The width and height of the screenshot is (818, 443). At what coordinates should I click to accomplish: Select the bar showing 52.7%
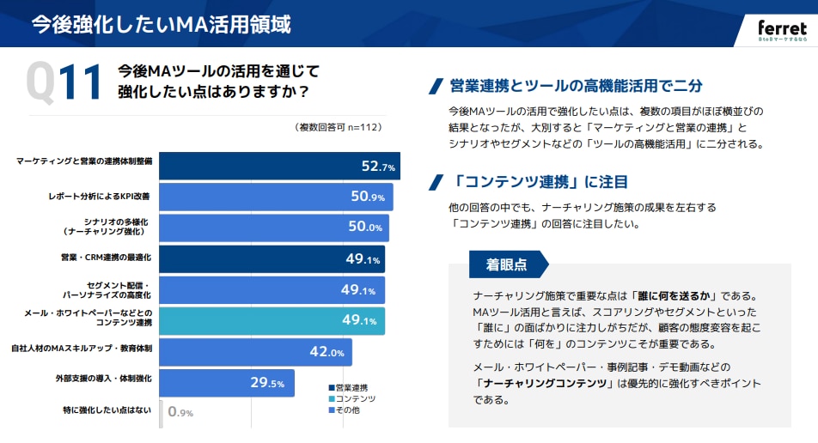(279, 167)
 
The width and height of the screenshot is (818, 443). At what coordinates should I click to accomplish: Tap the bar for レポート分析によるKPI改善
(276, 197)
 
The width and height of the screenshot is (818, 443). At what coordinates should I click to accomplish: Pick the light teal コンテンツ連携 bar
(272, 320)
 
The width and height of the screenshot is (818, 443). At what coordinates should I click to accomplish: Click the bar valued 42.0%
(255, 352)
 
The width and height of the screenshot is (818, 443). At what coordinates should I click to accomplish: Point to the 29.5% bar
(227, 383)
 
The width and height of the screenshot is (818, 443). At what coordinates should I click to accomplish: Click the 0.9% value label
(180, 413)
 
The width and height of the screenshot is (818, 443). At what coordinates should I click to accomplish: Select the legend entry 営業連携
(353, 387)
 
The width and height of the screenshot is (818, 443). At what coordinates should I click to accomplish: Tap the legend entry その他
(349, 410)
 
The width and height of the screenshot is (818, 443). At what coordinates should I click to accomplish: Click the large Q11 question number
(65, 83)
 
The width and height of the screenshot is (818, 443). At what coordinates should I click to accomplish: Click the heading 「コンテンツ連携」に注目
(540, 182)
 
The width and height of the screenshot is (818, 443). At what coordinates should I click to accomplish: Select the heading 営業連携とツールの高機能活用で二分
(576, 86)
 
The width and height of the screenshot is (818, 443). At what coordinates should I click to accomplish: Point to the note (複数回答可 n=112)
(338, 127)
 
